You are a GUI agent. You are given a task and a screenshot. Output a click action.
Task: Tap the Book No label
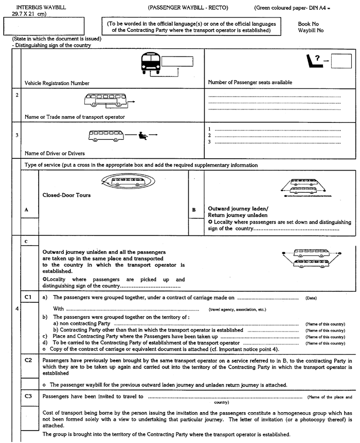tap(308, 24)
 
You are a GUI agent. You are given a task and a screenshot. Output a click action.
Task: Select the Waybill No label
tap(311, 30)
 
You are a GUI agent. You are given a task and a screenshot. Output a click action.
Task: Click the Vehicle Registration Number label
tap(57, 83)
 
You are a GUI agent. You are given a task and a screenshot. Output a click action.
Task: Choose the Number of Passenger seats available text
tap(250, 82)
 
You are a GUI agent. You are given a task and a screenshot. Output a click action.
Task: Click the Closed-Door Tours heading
tap(63, 195)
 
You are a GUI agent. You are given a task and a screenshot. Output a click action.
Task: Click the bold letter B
tap(194, 210)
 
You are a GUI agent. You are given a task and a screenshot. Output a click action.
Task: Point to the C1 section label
tap(29, 297)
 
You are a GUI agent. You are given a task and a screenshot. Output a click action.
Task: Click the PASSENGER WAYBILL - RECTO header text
tap(187, 8)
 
